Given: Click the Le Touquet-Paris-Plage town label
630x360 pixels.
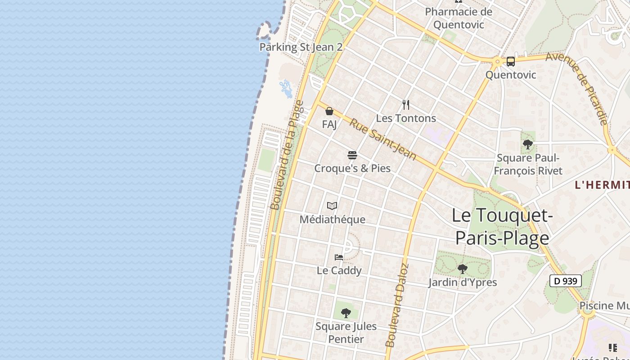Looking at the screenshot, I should (x=502, y=227).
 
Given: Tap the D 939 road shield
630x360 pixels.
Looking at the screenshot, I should (x=566, y=281).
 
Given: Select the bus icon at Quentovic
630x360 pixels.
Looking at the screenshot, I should (x=510, y=62).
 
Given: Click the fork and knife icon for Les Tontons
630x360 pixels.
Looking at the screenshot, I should (x=406, y=105).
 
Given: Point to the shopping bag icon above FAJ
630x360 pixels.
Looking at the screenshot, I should (x=329, y=111).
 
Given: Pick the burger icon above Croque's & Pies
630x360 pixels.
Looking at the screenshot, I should (x=352, y=156).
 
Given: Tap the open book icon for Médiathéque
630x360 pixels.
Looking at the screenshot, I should (x=332, y=206).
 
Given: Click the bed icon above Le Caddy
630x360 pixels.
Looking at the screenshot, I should (x=339, y=257).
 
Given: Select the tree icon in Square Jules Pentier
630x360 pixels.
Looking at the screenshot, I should (x=346, y=313).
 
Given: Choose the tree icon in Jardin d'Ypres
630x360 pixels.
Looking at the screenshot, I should (x=462, y=269).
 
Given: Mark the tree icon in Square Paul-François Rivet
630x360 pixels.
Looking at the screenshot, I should (x=528, y=144).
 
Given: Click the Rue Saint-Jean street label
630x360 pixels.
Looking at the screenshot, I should (x=383, y=139).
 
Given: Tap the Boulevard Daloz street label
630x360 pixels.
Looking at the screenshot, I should (x=396, y=305).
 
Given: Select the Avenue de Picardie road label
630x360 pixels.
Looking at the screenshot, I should (x=578, y=88).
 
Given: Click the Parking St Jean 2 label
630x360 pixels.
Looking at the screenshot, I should (x=301, y=47).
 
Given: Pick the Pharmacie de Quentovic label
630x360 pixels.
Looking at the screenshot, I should (x=459, y=18).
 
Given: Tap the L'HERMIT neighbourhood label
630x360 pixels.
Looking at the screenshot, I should (x=602, y=184).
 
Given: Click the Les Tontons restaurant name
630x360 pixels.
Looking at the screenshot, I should (x=406, y=118).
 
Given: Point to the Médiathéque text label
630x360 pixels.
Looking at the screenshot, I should (x=333, y=220).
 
